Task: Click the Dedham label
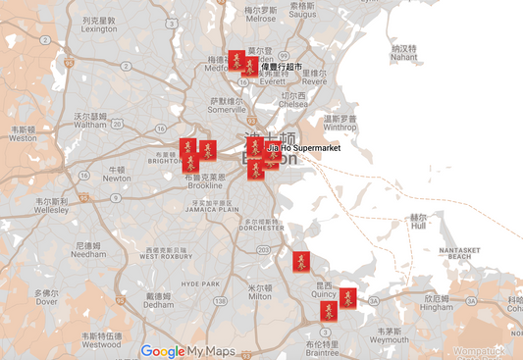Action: coord(158,300)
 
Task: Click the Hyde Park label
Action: coord(200,283)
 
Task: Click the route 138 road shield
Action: coord(225,301)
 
